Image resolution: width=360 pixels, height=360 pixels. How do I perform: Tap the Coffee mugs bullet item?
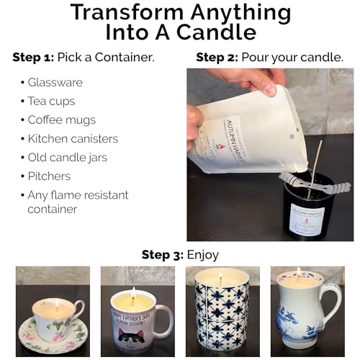(x=61, y=120)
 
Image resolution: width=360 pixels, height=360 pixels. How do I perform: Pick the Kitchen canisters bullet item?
(x=73, y=138)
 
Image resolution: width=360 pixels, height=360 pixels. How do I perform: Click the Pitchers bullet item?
(x=48, y=176)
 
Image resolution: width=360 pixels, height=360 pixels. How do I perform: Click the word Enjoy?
(x=204, y=254)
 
